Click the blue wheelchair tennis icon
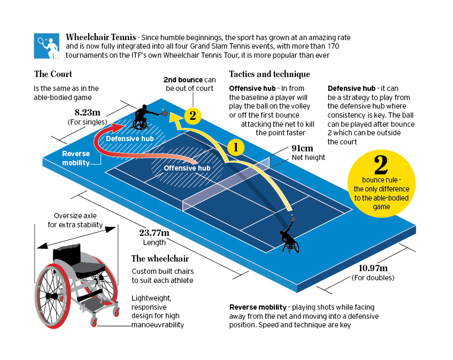tap(47, 46)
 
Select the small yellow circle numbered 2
tap(193, 114)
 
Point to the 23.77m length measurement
tap(154, 233)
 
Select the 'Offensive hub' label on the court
tap(187, 168)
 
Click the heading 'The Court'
tap(53, 74)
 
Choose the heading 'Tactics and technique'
tap(269, 74)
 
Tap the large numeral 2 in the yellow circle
tap(381, 166)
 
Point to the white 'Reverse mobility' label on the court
tap(76, 158)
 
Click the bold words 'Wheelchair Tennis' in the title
tap(99, 37)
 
